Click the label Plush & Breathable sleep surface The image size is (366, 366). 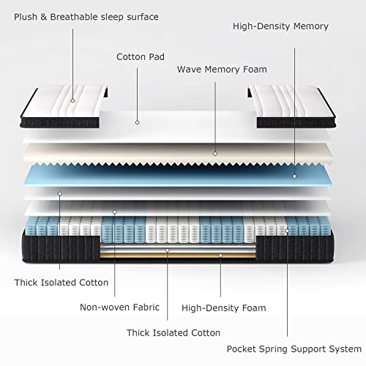click(86, 17)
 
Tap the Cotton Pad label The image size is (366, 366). click(141, 57)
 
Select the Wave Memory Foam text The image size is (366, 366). click(222, 70)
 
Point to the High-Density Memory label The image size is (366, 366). click(280, 26)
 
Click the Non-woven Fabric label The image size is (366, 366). click(119, 307)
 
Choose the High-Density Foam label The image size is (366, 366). click(224, 308)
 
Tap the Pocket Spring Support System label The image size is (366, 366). click(294, 349)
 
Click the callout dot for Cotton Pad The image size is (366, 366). click(138, 122)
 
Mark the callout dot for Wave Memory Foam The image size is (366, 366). click(215, 154)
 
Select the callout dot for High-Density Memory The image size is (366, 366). click(294, 176)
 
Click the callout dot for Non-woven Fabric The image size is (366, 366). click(115, 212)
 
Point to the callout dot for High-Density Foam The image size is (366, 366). click(220, 255)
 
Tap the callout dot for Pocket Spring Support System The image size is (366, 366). click(287, 231)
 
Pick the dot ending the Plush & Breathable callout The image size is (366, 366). click(72, 100)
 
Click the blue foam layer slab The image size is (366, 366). click(178, 176)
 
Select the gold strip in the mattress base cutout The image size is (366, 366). click(178, 255)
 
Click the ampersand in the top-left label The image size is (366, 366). click(43, 17)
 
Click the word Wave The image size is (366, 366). click(190, 70)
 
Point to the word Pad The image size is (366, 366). click(157, 57)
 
